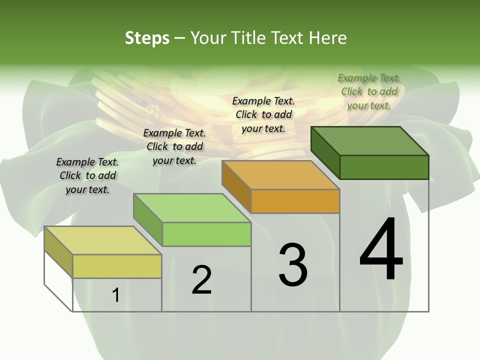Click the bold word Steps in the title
click(x=147, y=38)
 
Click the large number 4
click(x=381, y=250)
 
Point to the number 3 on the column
click(x=293, y=265)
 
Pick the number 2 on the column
click(x=201, y=280)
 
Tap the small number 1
click(x=116, y=295)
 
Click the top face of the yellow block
click(x=102, y=240)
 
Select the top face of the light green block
click(x=192, y=208)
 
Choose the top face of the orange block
click(x=280, y=175)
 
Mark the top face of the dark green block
click(x=370, y=141)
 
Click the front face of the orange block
click(x=295, y=201)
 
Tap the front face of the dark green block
click(x=384, y=167)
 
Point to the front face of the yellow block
click(x=117, y=266)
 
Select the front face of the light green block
click(x=206, y=234)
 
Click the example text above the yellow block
click(x=87, y=175)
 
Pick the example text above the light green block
click(x=174, y=146)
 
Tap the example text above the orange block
click(x=263, y=114)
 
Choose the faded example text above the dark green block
click(x=369, y=91)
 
